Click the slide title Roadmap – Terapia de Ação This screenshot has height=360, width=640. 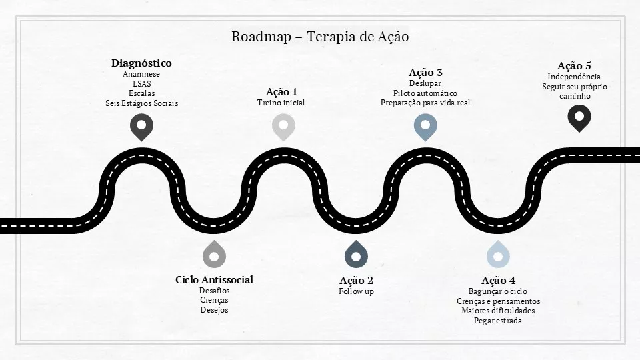[x=320, y=37]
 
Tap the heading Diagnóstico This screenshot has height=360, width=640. [x=141, y=63]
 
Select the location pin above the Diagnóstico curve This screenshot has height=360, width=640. [x=141, y=127]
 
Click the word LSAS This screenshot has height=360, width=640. [x=141, y=84]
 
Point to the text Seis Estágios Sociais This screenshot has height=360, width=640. [x=141, y=103]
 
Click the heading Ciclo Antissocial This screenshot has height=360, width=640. [x=214, y=279]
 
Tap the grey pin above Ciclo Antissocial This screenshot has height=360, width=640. [x=214, y=254]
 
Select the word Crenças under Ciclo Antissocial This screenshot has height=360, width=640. [x=214, y=301]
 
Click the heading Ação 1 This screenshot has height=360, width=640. [x=281, y=91]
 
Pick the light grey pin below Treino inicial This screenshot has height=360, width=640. [x=284, y=127]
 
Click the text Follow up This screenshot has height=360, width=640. [x=356, y=291]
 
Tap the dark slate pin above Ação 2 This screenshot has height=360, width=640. [x=356, y=254]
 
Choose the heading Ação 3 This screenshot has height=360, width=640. [x=426, y=73]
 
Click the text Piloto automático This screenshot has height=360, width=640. [x=425, y=93]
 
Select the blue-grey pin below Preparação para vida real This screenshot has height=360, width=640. [x=426, y=127]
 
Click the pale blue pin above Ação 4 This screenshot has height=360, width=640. [x=498, y=254]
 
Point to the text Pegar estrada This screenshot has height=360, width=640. [x=498, y=321]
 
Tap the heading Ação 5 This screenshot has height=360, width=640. [x=574, y=66]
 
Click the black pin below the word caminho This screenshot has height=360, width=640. [x=579, y=118]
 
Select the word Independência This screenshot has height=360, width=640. [x=574, y=77]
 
